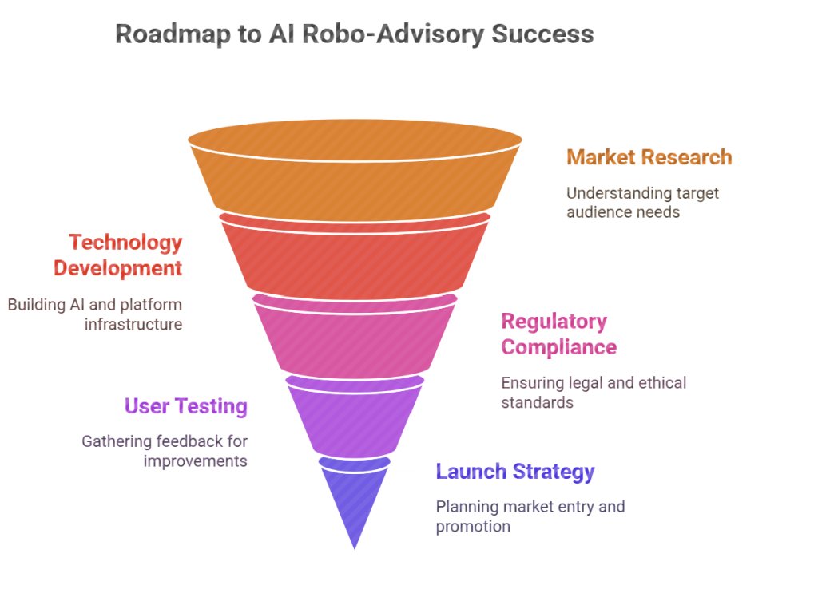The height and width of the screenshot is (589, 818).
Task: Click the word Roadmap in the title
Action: click(173, 34)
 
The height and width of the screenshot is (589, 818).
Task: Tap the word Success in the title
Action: click(542, 34)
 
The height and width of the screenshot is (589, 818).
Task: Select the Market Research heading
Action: click(649, 157)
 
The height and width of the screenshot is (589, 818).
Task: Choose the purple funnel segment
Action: click(355, 417)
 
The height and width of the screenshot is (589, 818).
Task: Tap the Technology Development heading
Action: click(118, 255)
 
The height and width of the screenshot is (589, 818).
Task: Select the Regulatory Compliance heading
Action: click(559, 334)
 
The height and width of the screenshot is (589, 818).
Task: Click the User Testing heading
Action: click(185, 406)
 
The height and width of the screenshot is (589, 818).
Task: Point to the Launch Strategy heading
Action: click(515, 472)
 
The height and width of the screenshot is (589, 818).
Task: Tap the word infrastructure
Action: click(133, 324)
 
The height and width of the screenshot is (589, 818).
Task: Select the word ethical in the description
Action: click(662, 382)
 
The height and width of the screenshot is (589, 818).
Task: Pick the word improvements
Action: click(196, 462)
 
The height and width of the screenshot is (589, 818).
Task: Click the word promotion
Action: click(473, 527)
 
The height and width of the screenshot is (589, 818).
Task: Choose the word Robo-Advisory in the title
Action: click(393, 35)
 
